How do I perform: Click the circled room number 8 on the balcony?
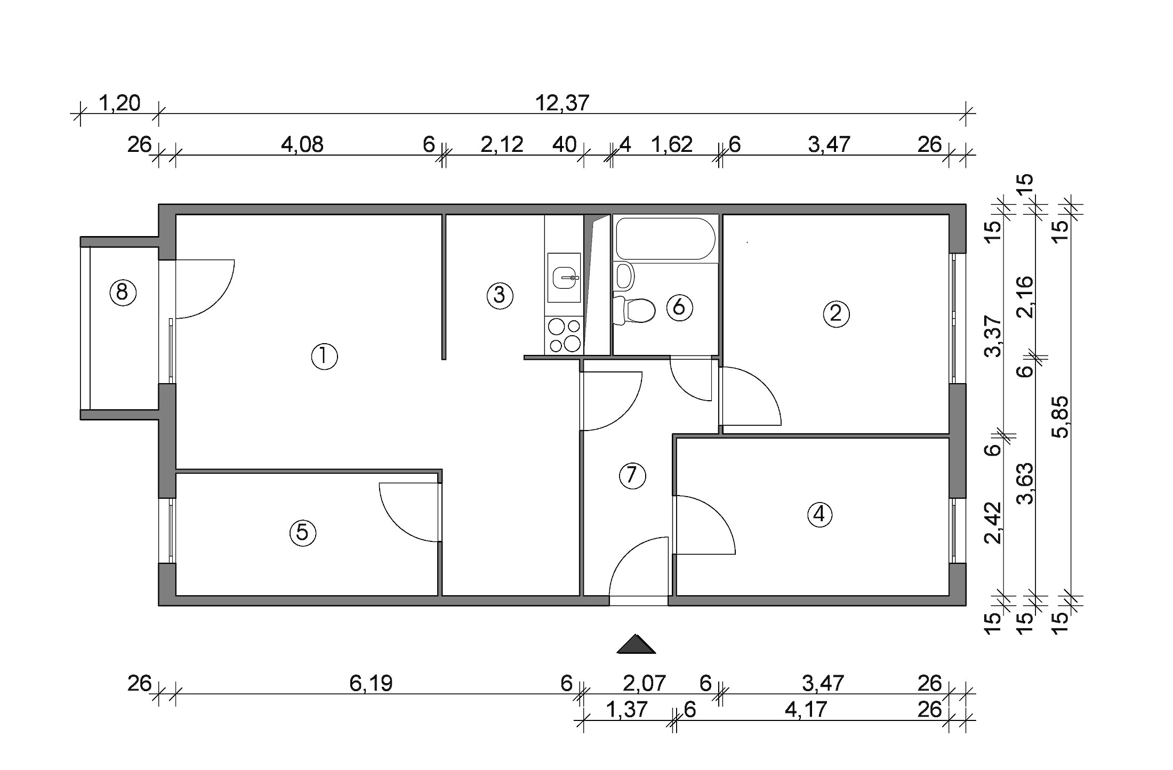(x=123, y=293)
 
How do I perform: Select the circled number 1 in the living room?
(x=324, y=356)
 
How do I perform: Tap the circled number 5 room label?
(x=302, y=532)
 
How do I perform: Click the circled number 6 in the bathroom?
(x=679, y=307)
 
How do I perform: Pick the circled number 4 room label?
(x=820, y=514)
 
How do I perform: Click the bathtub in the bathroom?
(x=665, y=238)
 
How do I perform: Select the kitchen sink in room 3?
(x=564, y=278)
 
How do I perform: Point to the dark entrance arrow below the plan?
(x=636, y=645)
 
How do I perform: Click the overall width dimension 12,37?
(x=562, y=103)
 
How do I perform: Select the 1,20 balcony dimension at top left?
(x=120, y=103)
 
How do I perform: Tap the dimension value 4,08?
(x=302, y=144)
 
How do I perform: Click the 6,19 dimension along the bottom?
(x=371, y=683)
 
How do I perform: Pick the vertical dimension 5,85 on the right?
(x=1061, y=417)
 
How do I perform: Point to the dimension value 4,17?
(x=806, y=710)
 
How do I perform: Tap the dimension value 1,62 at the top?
(x=672, y=144)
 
